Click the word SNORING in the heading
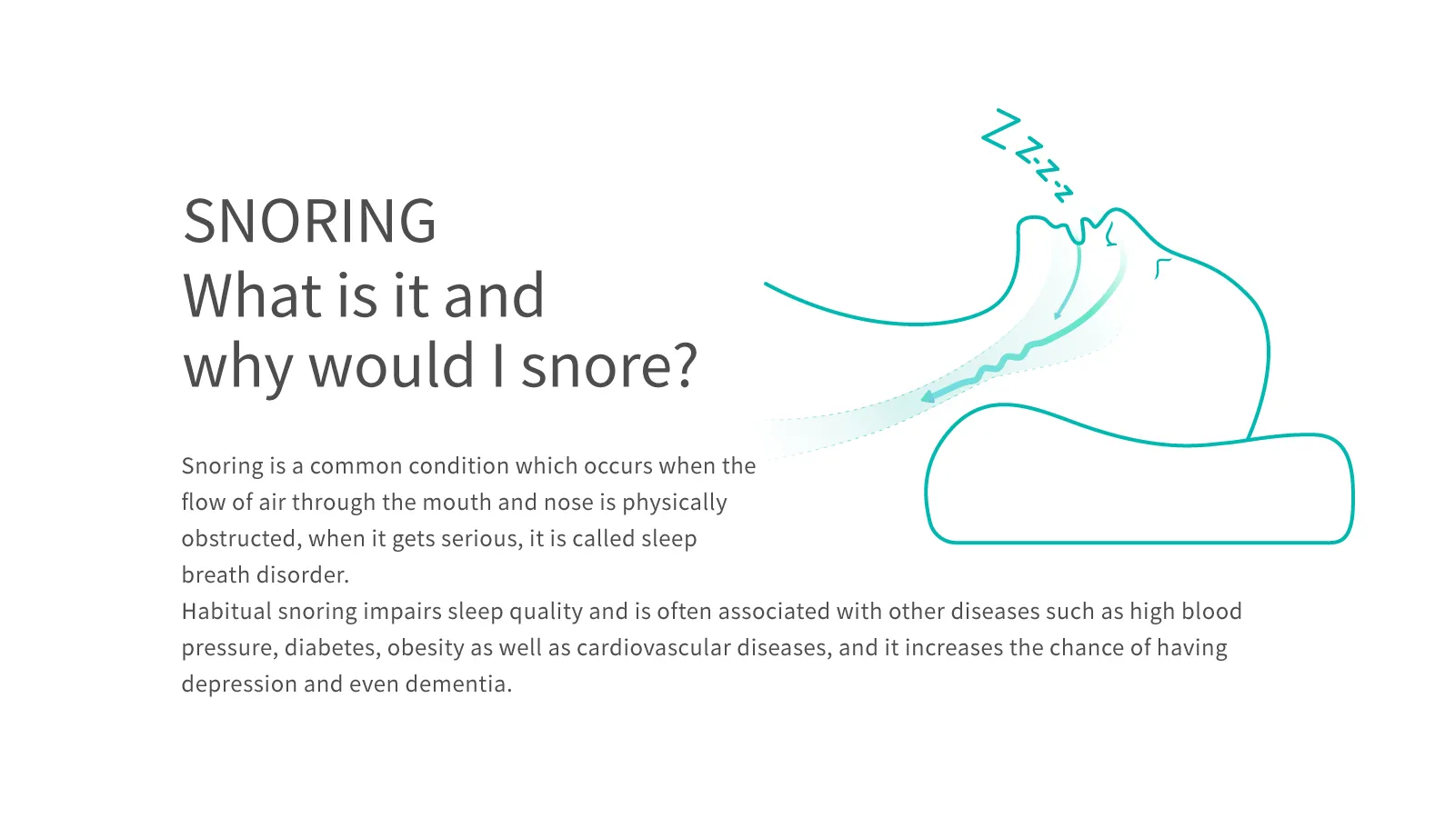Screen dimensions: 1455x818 (309, 221)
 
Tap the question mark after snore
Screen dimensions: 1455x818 (684, 364)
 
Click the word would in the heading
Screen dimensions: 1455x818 (392, 364)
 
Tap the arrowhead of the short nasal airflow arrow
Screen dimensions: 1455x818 (1058, 314)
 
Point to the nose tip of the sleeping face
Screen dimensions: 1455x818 (1117, 210)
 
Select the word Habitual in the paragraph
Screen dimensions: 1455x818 (226, 612)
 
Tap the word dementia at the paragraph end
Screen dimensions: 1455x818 (458, 684)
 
